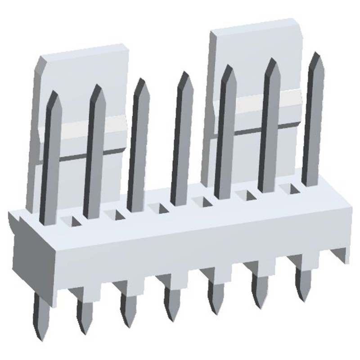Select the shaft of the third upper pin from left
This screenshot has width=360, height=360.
(137, 148)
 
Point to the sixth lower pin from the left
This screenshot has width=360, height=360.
(260, 290)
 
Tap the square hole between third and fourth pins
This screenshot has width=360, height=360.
(157, 208)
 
